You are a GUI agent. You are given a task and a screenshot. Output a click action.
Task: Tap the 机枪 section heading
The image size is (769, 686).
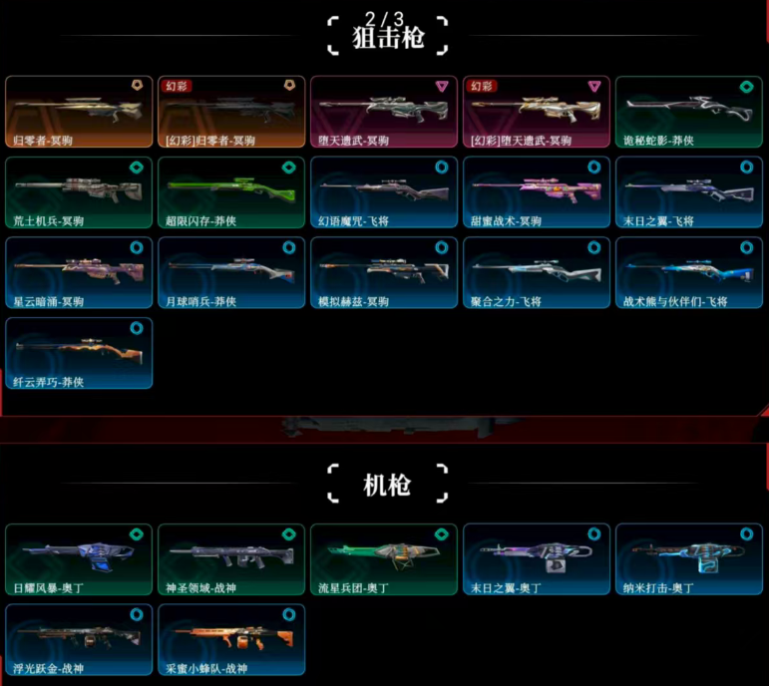pos(388,486)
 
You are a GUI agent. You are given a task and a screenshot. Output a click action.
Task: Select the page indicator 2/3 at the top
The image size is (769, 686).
pos(384,17)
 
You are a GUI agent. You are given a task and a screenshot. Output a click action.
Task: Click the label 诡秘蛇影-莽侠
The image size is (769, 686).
pos(658,141)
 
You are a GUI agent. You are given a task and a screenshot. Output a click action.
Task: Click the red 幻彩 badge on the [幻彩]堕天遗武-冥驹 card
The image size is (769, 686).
pos(482,87)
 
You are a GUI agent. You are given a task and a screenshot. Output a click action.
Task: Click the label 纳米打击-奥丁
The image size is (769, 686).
pos(658,588)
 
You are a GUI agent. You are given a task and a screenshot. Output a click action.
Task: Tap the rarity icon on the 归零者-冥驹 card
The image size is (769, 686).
pos(137,86)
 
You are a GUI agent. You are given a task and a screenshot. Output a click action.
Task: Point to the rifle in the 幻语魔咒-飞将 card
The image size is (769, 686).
pos(382,185)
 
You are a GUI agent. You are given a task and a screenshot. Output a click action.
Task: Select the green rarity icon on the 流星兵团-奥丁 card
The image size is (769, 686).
pos(442,533)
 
